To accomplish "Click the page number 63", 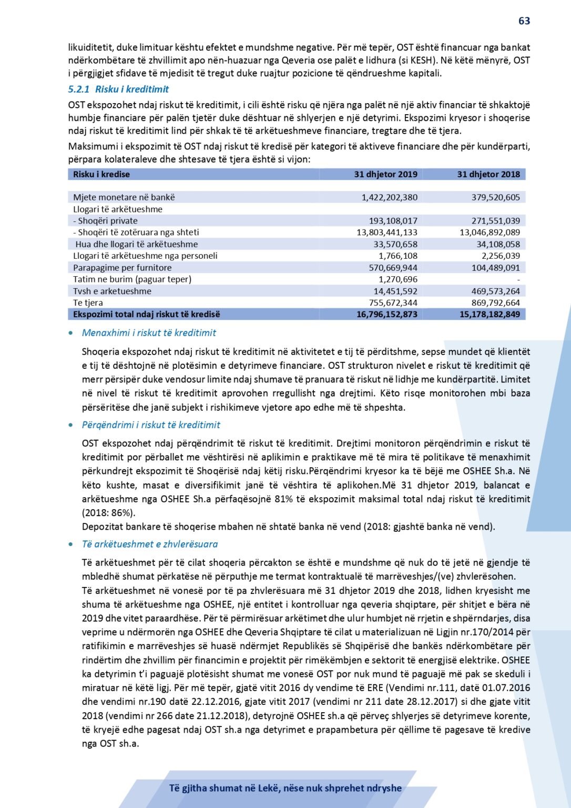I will [x=524, y=21].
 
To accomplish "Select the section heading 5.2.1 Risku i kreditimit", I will [x=118, y=89].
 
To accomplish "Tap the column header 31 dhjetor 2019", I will [x=385, y=175].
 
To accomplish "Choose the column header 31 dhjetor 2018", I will [x=488, y=175].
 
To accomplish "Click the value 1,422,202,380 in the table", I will [x=389, y=198].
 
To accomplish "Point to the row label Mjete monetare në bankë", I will [x=124, y=198].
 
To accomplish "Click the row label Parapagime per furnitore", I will [x=123, y=268].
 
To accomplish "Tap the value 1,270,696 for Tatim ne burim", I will [x=398, y=279].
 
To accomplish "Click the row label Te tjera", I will [x=88, y=303].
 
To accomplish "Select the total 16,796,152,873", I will [x=386, y=315].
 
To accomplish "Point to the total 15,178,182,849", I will [x=490, y=315].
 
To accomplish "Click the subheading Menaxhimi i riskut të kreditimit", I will [x=149, y=333].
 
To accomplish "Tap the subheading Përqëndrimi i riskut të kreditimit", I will [x=151, y=425].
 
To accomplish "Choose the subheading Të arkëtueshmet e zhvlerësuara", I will [x=149, y=544].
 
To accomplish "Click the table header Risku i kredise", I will [x=101, y=175].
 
